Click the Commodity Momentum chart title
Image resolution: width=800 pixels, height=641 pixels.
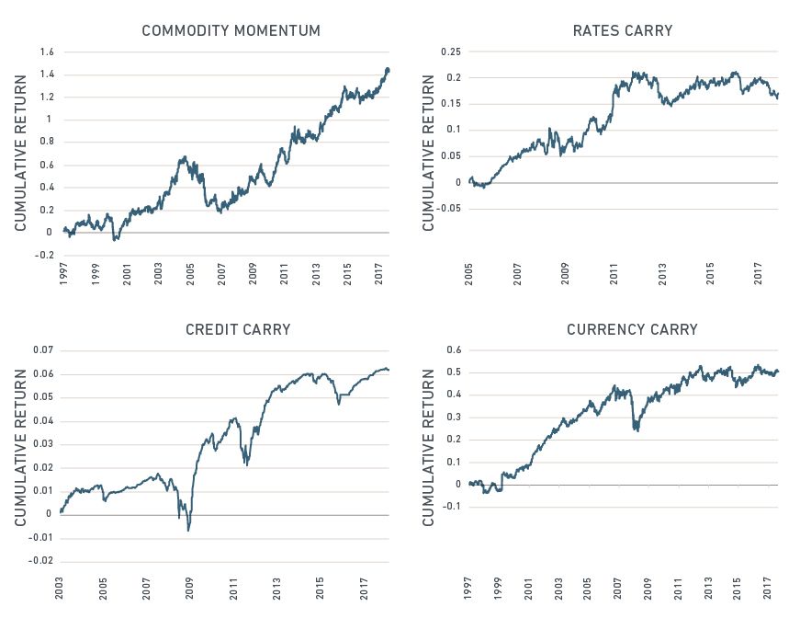coord(231,31)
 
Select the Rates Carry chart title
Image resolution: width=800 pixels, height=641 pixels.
coord(622,31)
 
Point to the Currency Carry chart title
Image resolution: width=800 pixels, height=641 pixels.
coord(632,329)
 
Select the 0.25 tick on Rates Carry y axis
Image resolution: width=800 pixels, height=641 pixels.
coord(450,52)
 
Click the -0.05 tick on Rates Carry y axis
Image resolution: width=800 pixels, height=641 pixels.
coord(448,208)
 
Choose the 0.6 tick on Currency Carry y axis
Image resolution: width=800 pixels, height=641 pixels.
coord(453,350)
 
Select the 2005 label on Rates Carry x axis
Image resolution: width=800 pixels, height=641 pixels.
coord(469,273)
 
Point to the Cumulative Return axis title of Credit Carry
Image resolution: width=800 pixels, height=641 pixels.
coord(20,449)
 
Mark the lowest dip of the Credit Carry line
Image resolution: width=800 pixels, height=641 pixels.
coord(189,530)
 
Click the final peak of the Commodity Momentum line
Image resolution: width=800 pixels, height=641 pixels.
coord(387,69)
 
